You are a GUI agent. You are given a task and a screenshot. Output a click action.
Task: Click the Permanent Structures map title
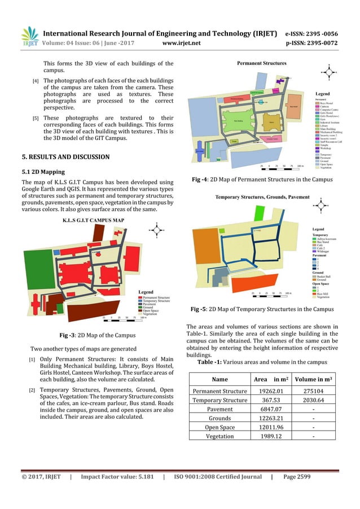(261, 63)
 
